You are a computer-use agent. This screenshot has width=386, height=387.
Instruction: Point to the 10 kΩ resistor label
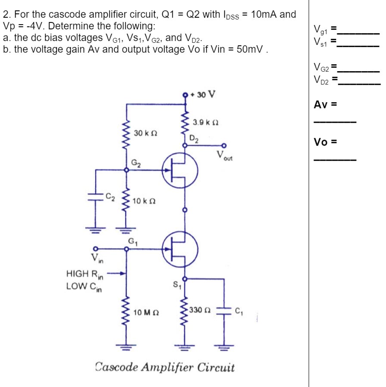pyautogui.click(x=144, y=201)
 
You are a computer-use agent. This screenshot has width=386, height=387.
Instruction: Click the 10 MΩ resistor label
pyautogui.click(x=145, y=312)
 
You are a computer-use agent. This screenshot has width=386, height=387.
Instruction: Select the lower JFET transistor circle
pyautogui.click(x=180, y=249)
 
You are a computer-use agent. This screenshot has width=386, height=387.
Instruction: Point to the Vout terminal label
pyautogui.click(x=224, y=156)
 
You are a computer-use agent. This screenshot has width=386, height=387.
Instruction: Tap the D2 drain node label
pyautogui.click(x=194, y=138)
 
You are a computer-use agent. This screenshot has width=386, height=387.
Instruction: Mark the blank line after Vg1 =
pyautogui.click(x=359, y=31)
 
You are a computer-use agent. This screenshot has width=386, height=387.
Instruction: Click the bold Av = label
pyautogui.click(x=325, y=105)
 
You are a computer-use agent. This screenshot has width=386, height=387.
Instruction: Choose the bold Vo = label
pyautogui.click(x=325, y=142)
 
